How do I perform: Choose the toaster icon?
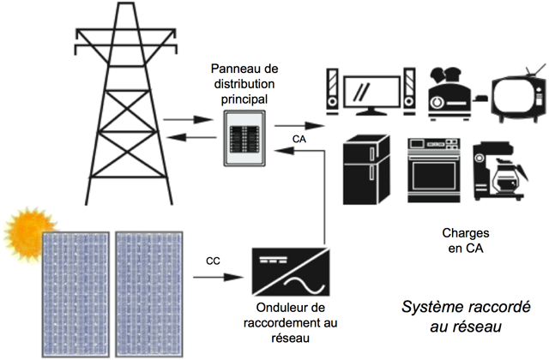[451, 90]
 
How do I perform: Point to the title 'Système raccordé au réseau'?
[467, 316]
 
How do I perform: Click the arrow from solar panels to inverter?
[224, 279]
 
